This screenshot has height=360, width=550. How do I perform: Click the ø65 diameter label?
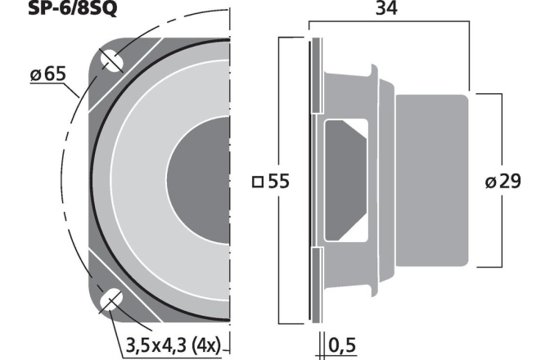[x=48, y=76]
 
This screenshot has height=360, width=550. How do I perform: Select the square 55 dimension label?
[x=272, y=182]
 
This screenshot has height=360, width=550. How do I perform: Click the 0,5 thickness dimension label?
[x=343, y=347]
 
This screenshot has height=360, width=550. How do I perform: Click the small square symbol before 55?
[x=259, y=182]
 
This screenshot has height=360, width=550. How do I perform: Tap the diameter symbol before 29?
[x=491, y=182]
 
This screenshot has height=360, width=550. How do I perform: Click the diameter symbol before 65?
[x=37, y=76]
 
